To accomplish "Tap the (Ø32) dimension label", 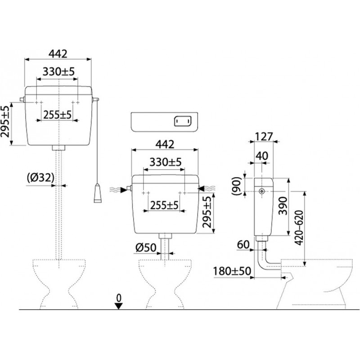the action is (40, 178).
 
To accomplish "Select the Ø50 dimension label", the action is (146, 247).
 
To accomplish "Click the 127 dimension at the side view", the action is (264, 137).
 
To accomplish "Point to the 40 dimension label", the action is (262, 156).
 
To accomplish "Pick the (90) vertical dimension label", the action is (237, 186).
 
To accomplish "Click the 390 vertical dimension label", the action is (283, 206).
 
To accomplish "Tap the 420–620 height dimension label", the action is (299, 228).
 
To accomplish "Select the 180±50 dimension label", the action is (232, 271).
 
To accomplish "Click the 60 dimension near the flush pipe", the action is (243, 244).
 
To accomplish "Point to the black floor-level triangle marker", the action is (119, 306).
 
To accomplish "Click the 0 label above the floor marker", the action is (119, 298).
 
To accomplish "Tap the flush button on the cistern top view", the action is (183, 121).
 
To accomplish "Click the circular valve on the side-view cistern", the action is (261, 191).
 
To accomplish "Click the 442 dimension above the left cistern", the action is (58, 54).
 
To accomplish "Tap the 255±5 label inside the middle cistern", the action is (164, 206).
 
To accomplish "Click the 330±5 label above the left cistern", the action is (59, 72).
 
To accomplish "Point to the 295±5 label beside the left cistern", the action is (5, 121).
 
